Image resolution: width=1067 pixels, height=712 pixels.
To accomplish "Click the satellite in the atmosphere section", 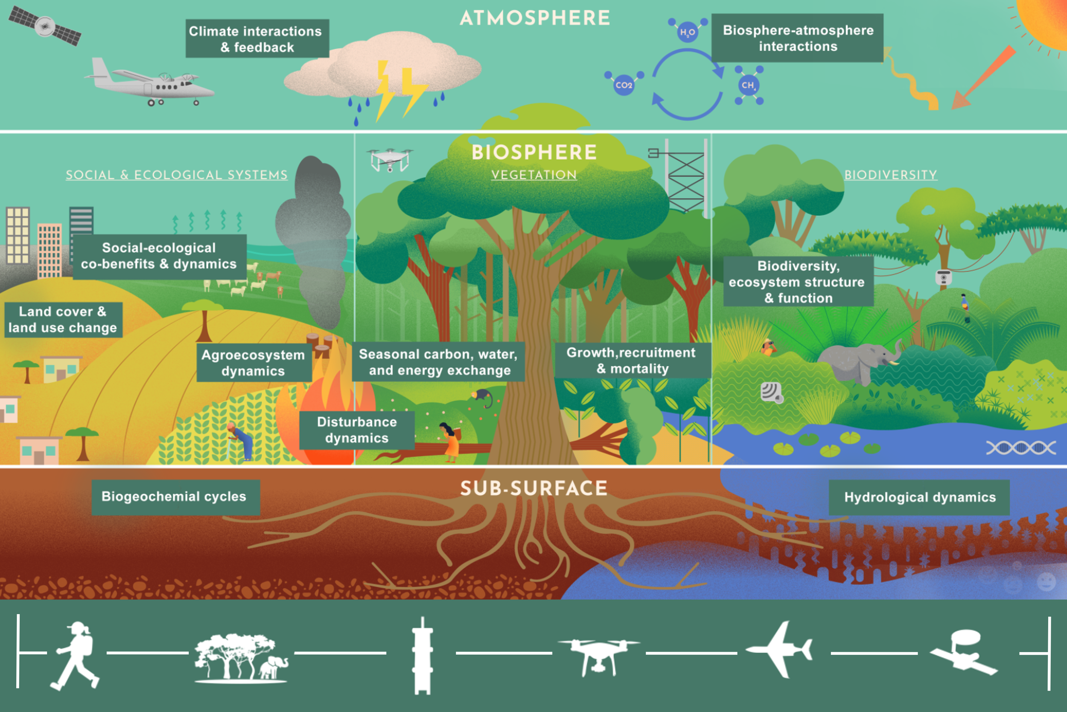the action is tap(45, 26).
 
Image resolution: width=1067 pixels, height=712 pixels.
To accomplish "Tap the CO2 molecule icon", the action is tap(624, 85).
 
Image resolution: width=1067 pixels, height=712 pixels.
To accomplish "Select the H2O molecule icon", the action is tap(687, 32).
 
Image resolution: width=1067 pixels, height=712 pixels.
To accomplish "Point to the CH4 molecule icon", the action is tap(748, 85).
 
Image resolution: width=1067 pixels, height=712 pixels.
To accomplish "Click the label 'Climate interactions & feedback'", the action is tap(257, 38).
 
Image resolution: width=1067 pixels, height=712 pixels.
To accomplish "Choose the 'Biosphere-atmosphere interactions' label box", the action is tap(797, 38).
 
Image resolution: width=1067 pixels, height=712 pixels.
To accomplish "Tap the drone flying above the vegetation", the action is tap(390, 159).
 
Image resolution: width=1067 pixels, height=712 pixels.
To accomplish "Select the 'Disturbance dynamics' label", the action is tap(356, 430).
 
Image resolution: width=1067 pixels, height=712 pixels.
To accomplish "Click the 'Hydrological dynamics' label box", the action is tap(919, 497).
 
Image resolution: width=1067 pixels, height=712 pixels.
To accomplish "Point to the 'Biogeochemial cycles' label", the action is tap(175, 497).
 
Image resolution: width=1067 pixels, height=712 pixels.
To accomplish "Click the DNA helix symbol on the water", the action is tap(1021, 448).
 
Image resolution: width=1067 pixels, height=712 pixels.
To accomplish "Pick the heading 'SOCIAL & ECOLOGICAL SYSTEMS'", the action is tap(176, 175).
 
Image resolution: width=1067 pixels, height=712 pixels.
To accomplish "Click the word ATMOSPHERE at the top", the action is tap(534, 18).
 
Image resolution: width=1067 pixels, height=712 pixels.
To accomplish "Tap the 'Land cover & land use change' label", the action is tap(63, 319).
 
